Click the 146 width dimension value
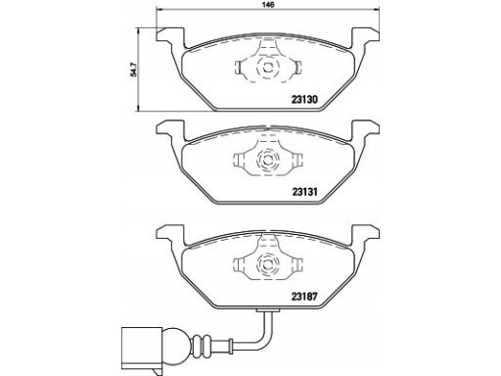click(x=268, y=5)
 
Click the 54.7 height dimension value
click(x=133, y=70)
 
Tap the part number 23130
click(x=304, y=99)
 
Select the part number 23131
click(x=304, y=192)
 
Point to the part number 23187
click(x=304, y=297)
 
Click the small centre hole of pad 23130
click(x=268, y=68)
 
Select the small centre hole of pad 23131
click(x=268, y=160)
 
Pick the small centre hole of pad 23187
click(x=268, y=264)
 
